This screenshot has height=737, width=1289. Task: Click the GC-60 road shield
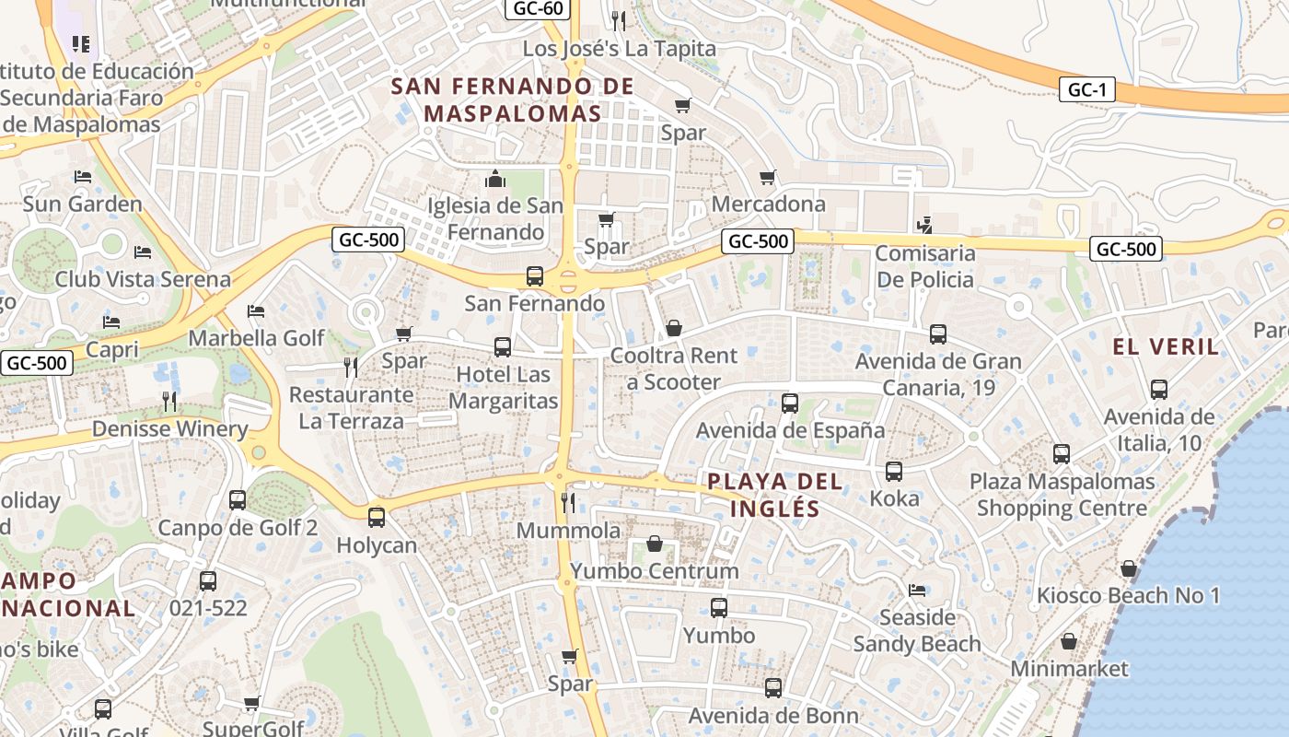point(539,8)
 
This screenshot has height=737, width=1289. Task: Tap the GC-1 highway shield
point(1086,89)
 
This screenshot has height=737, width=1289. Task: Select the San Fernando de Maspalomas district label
point(513,100)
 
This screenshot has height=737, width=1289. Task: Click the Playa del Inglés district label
point(774,495)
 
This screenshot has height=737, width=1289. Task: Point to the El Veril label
point(1166,347)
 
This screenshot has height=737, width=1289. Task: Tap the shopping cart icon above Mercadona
point(768,177)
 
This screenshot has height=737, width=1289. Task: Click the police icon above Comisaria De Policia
point(924,224)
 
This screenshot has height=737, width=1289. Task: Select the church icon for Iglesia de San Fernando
point(495,178)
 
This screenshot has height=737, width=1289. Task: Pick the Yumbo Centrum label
point(654,571)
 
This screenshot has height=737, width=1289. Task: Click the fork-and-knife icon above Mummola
point(568,502)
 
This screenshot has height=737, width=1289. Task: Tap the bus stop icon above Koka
point(893,472)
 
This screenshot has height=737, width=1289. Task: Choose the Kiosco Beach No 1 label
point(1128,595)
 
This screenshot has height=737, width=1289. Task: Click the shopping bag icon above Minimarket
point(1069,640)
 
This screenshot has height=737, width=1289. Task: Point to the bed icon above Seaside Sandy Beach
point(916,590)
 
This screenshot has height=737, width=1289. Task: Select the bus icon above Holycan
point(376,517)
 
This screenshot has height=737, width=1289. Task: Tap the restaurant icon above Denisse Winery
point(168,401)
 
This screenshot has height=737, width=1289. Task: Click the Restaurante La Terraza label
point(352,408)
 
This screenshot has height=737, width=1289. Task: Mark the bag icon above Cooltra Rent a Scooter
point(674,328)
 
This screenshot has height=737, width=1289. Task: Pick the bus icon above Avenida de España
point(789,403)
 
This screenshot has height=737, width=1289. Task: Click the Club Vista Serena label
point(143,279)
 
